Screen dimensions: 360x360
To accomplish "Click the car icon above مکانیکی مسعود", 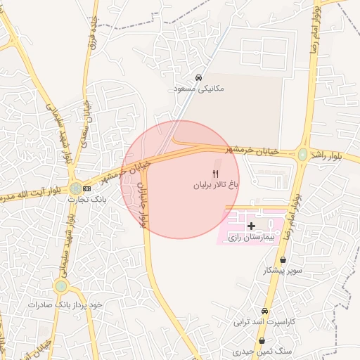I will click(x=199, y=78).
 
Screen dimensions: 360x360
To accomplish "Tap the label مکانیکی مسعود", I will click(x=199, y=89).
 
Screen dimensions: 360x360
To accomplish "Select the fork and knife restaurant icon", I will click(x=216, y=174).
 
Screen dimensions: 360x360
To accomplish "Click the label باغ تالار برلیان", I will click(x=217, y=186).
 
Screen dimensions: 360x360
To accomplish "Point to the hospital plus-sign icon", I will click(x=252, y=226).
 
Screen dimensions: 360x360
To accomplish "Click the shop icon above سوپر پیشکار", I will click(x=282, y=259).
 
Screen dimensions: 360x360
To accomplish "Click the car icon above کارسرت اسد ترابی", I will click(x=264, y=311).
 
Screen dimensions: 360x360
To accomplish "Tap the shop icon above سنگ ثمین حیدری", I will click(x=262, y=341).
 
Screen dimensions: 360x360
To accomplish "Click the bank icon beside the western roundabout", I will click(x=87, y=188).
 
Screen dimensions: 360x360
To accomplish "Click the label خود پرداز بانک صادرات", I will click(x=65, y=304).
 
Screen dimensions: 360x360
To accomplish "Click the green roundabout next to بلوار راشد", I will click(x=302, y=154).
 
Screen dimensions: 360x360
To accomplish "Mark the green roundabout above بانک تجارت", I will click(x=75, y=188).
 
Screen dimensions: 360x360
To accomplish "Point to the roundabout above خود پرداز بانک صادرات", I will click(x=62, y=286).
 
